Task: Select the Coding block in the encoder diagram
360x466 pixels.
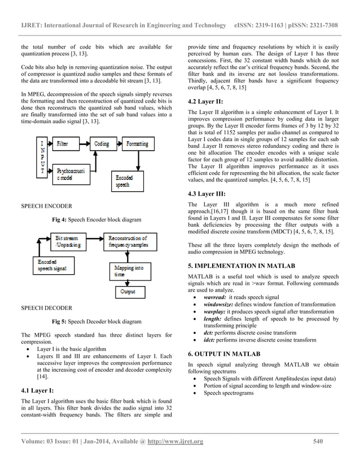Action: point(102,144)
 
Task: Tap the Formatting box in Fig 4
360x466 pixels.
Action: point(135,144)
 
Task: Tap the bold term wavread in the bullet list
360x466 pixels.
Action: point(215,297)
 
